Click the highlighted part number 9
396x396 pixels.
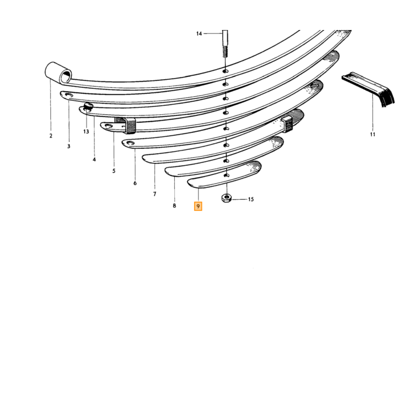point(198,206)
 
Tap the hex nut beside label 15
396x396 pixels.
point(227,198)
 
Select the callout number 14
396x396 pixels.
point(199,33)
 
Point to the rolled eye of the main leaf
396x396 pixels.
point(58,73)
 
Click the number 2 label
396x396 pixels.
point(51,136)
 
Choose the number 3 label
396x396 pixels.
point(68,146)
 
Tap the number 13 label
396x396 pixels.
point(86,132)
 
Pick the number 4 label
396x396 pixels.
point(94,160)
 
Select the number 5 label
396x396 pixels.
point(114,171)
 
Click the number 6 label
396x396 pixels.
point(135,183)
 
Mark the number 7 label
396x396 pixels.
point(154,194)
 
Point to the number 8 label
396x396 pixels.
point(174,206)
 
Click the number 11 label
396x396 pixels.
point(373,135)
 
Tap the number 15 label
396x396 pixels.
point(251,200)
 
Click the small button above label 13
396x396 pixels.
point(88,106)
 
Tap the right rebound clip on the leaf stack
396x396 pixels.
point(287,124)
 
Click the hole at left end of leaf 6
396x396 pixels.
point(131,143)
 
